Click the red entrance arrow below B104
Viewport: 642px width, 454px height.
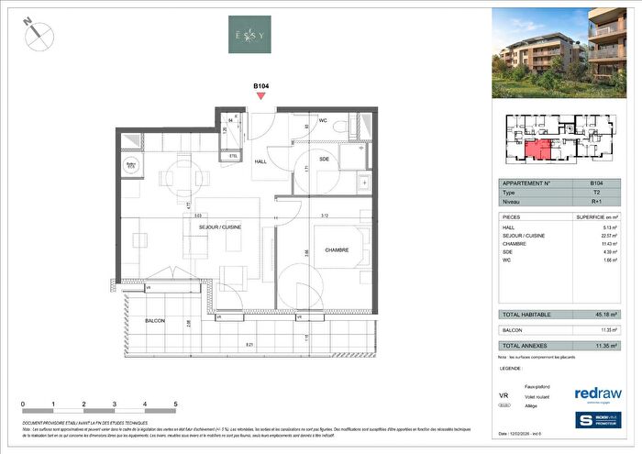tap(261, 95)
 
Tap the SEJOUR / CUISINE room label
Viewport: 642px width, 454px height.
tap(219, 226)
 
